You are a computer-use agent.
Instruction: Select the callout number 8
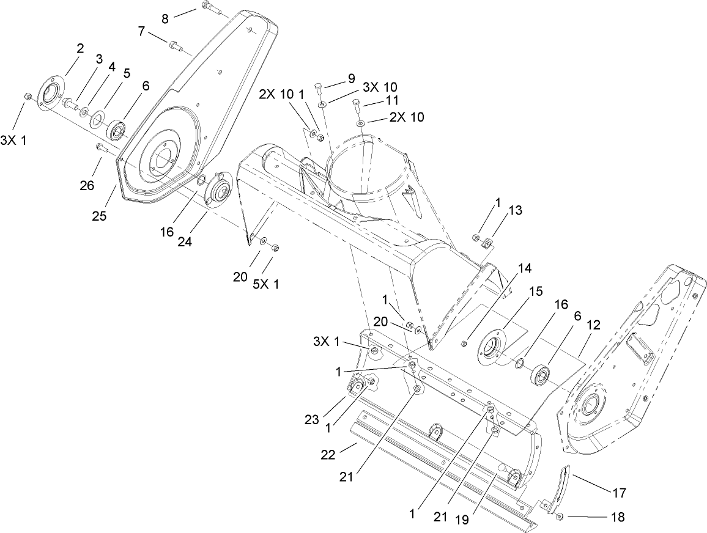point(165,19)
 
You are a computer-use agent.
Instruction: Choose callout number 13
point(516,211)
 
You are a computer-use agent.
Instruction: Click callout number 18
point(618,517)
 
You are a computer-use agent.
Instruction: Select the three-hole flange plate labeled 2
point(47,95)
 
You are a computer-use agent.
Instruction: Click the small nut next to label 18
point(560,517)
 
